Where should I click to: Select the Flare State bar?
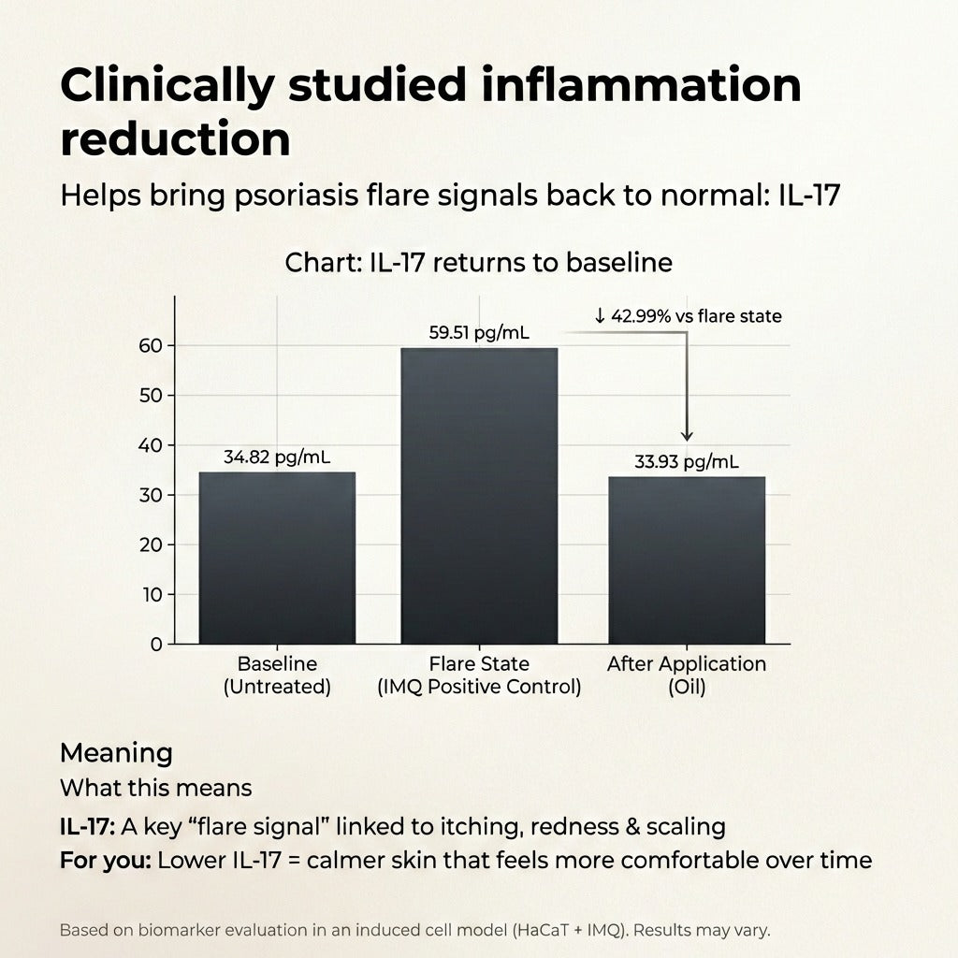(479, 496)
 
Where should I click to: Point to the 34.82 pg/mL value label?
(277, 457)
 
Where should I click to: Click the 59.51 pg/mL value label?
(479, 332)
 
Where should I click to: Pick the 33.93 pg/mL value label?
(686, 461)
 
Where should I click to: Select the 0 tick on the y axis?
(156, 645)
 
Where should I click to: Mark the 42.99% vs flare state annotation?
(688, 316)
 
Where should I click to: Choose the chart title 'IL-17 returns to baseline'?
(478, 263)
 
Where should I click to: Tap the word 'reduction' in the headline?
(175, 138)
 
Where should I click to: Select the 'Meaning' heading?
(116, 753)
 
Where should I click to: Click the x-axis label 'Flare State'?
(479, 664)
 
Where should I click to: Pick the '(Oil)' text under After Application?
(686, 686)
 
